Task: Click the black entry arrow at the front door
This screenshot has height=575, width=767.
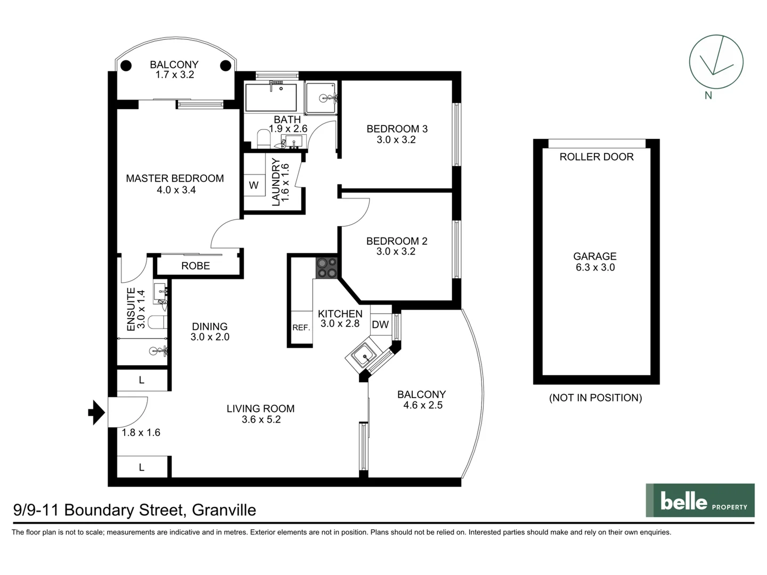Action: coord(96,412)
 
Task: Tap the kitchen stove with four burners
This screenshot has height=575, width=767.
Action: coord(327,268)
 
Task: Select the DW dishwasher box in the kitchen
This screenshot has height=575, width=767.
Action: coord(380,324)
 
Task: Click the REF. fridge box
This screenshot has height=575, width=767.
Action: coord(301,328)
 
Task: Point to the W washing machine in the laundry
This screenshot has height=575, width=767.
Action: coord(254,185)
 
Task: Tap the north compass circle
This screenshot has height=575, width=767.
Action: coord(715,62)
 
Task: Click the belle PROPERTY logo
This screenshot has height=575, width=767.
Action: coord(700,500)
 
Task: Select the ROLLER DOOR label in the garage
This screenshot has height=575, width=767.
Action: coord(596,157)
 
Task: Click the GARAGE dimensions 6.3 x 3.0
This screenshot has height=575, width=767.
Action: coord(595,267)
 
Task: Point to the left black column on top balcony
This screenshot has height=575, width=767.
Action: coord(126,65)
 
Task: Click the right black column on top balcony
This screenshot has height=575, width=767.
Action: coord(226,65)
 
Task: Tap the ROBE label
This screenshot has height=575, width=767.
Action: coord(195,266)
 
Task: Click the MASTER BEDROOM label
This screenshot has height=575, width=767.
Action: coord(175,178)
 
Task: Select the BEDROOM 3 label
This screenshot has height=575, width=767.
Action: coord(397,129)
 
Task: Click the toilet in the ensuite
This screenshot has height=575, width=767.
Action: coord(157,322)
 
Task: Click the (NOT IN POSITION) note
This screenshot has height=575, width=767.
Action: coord(595,398)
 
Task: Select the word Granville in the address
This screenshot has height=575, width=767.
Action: coord(224,510)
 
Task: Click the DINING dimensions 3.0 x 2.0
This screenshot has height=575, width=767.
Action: coord(210,336)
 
